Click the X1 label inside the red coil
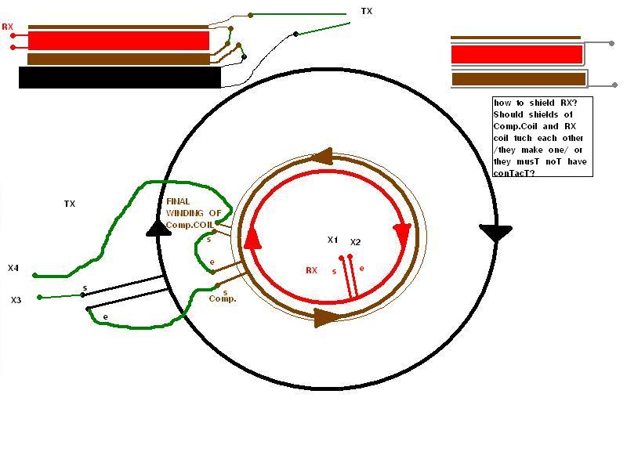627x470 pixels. click(332, 240)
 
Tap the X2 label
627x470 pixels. click(355, 242)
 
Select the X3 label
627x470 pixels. click(16, 300)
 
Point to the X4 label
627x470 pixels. click(13, 268)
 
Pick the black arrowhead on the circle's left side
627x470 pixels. click(158, 228)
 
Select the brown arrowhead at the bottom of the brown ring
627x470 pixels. click(325, 318)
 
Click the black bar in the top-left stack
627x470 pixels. click(120, 78)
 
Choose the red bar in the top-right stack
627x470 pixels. click(516, 55)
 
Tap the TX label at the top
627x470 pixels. click(366, 11)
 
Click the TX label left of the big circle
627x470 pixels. click(70, 204)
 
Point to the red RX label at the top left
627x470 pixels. click(8, 27)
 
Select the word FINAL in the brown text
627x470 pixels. click(178, 201)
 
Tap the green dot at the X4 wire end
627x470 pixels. click(35, 276)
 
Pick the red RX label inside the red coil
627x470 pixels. click(311, 270)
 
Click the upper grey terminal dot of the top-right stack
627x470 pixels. click(611, 43)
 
